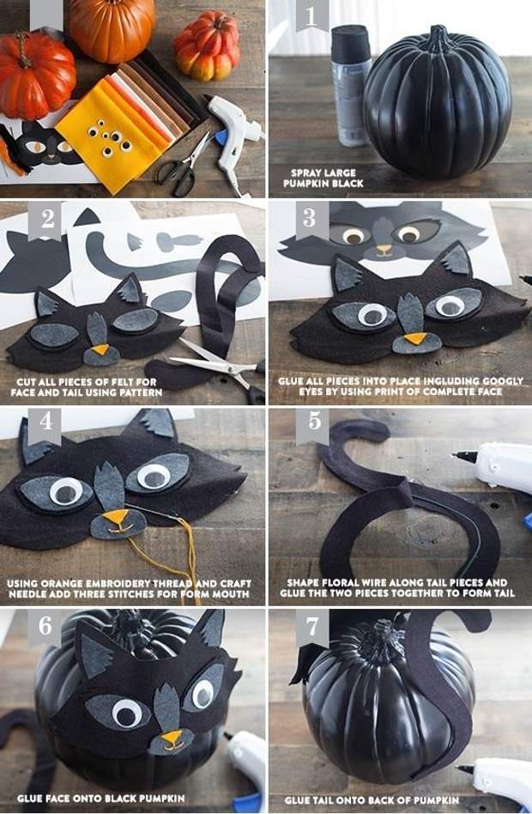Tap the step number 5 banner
tap(314, 425)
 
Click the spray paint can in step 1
tap(351, 86)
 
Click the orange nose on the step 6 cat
tap(172, 738)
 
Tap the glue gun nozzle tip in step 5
tap(455, 455)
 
